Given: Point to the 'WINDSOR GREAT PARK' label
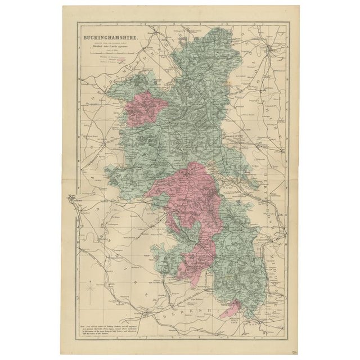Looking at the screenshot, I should pyautogui.click(x=243, y=318).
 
